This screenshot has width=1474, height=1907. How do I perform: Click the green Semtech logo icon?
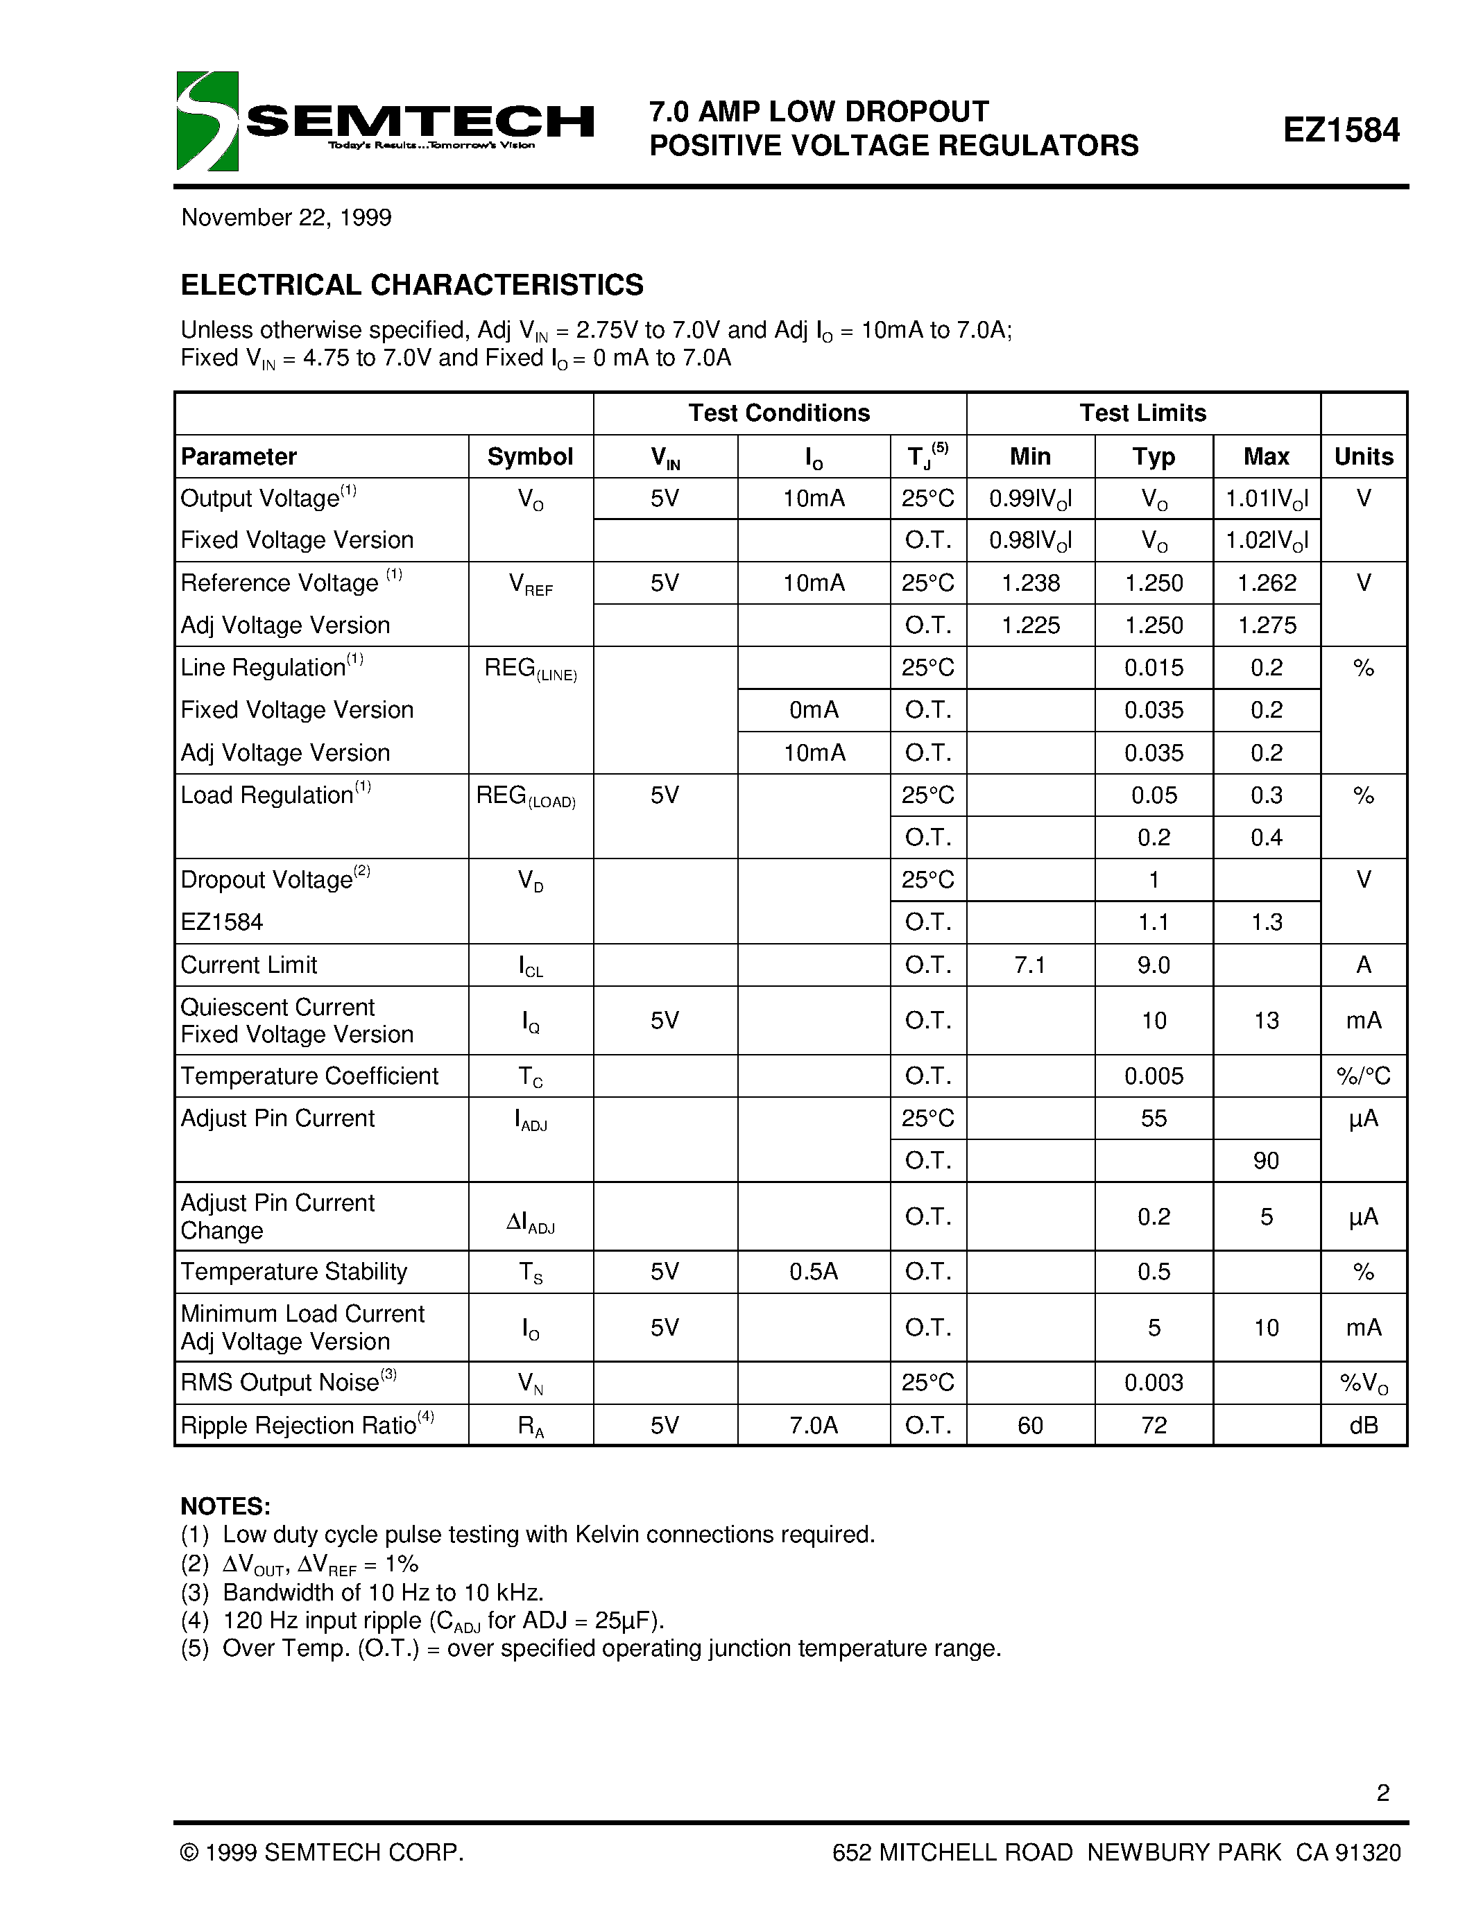click(207, 121)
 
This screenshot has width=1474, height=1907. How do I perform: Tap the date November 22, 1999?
click(286, 218)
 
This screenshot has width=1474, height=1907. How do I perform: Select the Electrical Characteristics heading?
click(411, 284)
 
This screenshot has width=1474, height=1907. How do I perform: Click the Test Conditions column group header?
click(778, 413)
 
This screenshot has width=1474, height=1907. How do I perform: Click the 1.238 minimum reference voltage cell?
click(1029, 583)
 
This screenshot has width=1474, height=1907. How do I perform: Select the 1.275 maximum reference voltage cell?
click(1266, 625)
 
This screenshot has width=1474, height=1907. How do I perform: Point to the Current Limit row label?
click(249, 965)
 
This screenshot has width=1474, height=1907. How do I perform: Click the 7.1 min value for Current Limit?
click(1029, 965)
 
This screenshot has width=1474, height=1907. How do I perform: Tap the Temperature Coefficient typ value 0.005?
click(1153, 1076)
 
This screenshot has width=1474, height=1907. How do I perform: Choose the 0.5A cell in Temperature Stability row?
click(813, 1271)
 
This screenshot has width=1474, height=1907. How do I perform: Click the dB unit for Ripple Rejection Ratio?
click(1362, 1425)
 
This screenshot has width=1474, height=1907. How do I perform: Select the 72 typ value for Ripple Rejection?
click(1153, 1425)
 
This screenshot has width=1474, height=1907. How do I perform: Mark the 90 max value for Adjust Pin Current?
click(1265, 1160)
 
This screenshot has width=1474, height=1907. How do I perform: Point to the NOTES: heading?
click(225, 1506)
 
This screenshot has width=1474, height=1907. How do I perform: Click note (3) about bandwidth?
click(362, 1591)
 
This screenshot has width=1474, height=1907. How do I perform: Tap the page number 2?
click(1382, 1793)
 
